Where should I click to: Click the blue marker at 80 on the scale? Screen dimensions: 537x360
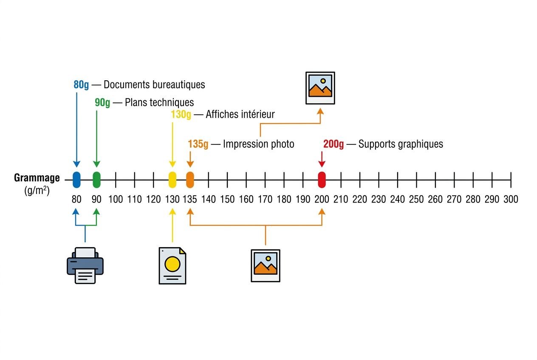click(x=77, y=180)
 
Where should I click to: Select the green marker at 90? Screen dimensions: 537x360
click(x=96, y=180)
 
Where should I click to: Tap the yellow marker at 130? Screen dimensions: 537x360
click(x=172, y=180)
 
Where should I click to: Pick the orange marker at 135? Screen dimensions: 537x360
click(x=190, y=180)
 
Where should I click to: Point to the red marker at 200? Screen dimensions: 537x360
click(x=322, y=180)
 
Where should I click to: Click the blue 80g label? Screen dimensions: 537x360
click(x=81, y=85)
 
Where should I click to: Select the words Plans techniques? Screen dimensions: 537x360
click(x=159, y=102)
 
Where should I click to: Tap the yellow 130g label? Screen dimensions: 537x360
click(x=181, y=115)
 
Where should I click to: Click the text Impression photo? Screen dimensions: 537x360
click(x=259, y=144)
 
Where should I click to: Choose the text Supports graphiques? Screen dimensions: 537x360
click(x=401, y=144)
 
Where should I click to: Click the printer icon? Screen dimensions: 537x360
click(x=85, y=266)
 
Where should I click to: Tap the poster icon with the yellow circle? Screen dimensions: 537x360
click(x=172, y=266)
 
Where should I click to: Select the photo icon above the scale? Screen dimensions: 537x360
click(x=320, y=88)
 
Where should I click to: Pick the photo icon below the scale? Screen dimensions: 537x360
click(x=266, y=266)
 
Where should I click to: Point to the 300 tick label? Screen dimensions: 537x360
click(x=511, y=199)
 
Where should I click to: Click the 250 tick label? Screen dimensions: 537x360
click(x=416, y=199)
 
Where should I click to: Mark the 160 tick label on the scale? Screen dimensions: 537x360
click(x=246, y=199)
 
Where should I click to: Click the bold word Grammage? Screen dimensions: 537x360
click(x=37, y=178)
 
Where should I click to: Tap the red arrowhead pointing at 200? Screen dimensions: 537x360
click(x=322, y=164)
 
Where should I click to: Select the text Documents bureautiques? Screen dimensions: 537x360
click(x=154, y=85)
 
